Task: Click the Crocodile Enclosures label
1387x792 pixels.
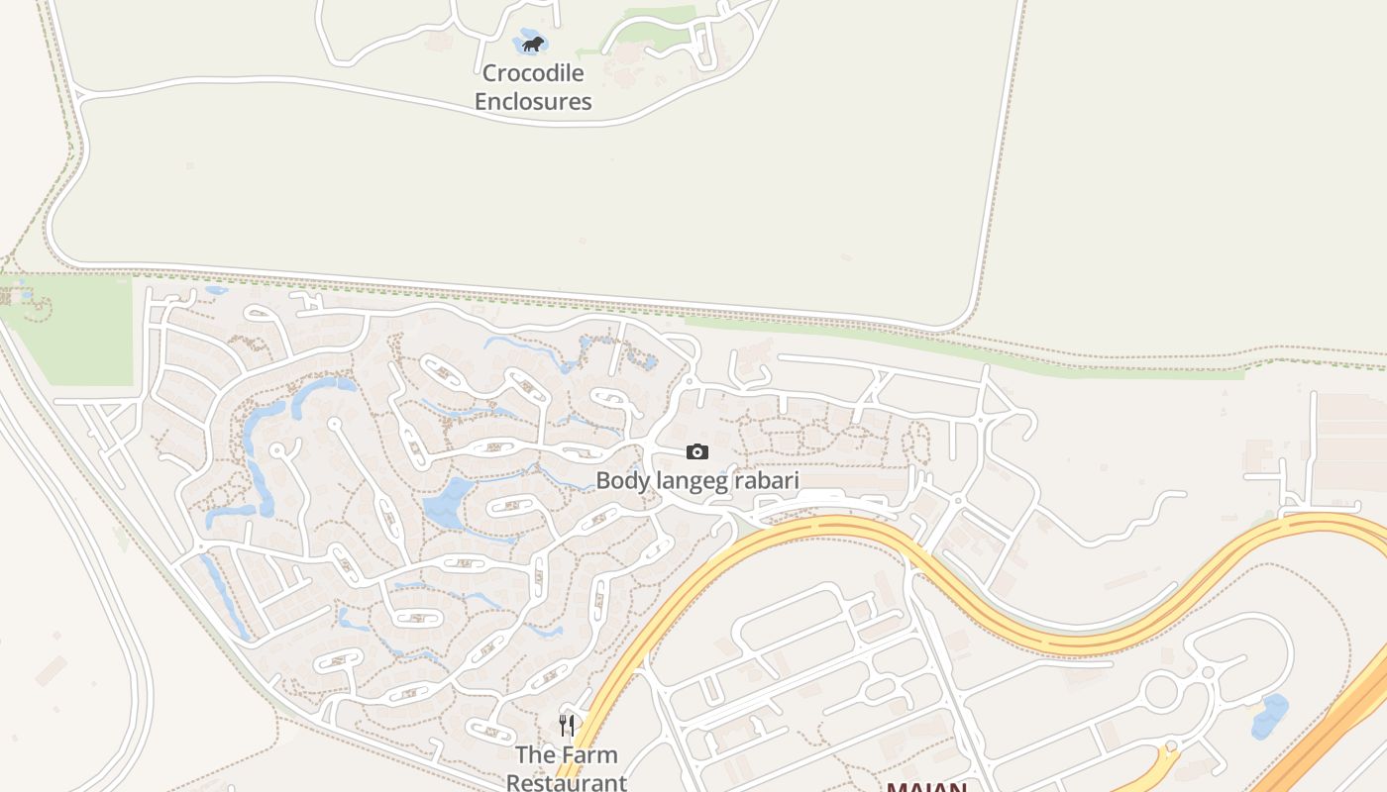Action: coord(533,87)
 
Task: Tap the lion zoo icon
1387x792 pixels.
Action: coord(533,44)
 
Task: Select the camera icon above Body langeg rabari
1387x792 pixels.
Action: coord(697,452)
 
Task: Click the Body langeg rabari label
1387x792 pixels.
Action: coord(696,481)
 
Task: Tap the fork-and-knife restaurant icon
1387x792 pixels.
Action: coord(567,726)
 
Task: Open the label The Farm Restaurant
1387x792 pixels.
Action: coord(567,768)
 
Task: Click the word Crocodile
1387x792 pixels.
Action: coord(533,73)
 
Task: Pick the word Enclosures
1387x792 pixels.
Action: coord(533,102)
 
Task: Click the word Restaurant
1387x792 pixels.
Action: coord(567,782)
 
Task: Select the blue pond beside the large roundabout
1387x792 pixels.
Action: coord(1269,717)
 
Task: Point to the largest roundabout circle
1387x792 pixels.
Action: coord(1161,691)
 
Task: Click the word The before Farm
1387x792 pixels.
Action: coord(535,755)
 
